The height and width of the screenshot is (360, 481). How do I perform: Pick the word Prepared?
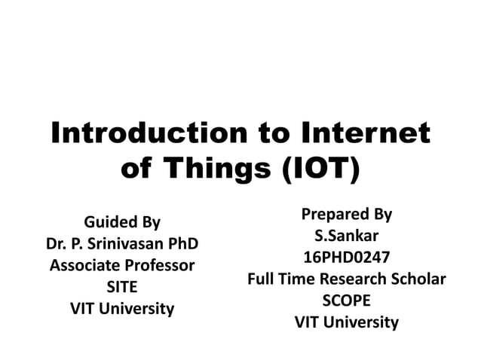[x=329, y=214]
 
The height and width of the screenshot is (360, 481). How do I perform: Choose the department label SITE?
[x=121, y=287]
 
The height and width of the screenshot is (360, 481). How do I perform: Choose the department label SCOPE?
[x=346, y=301]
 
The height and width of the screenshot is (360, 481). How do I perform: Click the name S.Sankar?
[x=346, y=236]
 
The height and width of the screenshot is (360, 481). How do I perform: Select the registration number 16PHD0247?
[x=346, y=258]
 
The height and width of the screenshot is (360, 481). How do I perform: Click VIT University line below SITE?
[x=121, y=309]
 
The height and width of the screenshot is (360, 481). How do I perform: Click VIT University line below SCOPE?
[x=346, y=322]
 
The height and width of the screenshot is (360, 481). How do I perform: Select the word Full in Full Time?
[x=261, y=279]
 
